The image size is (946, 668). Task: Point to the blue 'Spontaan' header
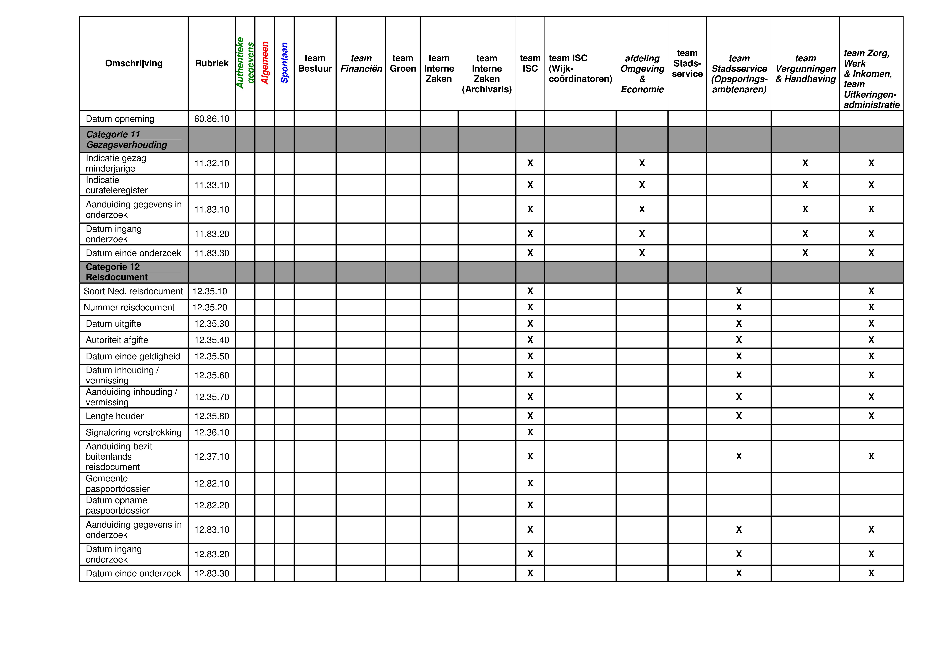pos(284,63)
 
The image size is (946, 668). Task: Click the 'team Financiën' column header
pos(361,63)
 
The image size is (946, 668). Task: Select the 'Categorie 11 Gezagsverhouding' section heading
pos(126,140)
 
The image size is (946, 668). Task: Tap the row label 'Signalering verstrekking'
pos(133,432)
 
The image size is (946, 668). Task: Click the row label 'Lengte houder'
pos(115,416)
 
